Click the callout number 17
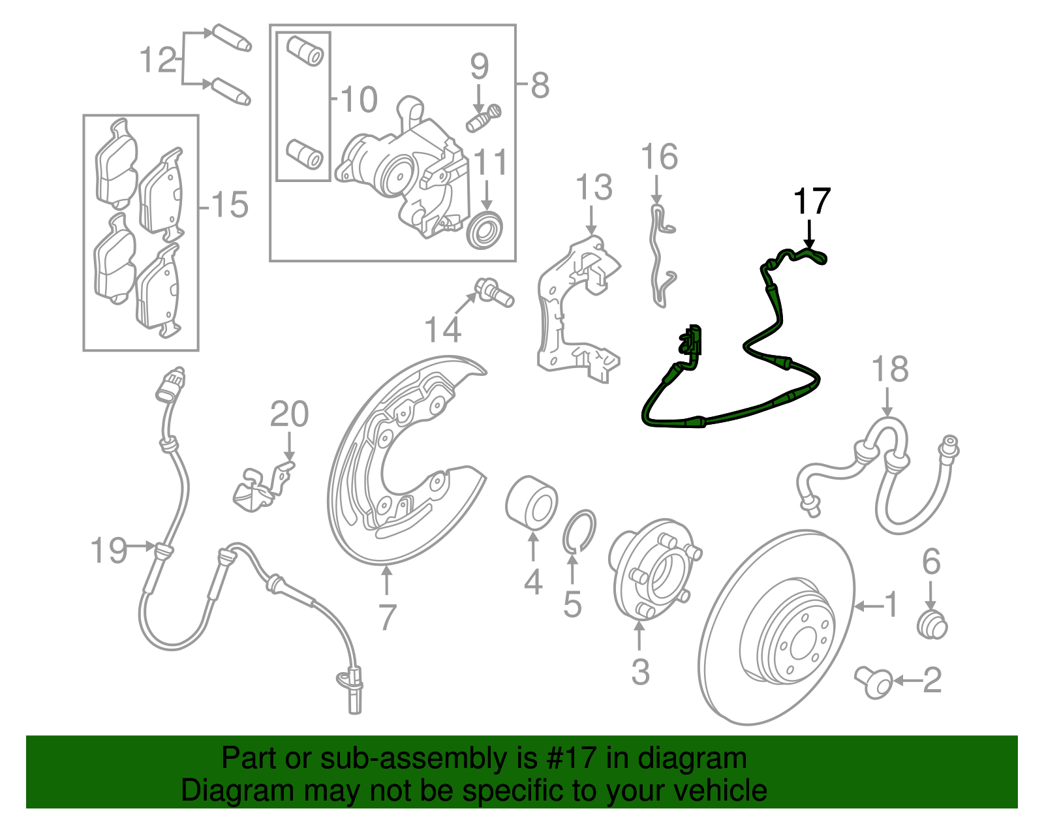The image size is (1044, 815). [812, 201]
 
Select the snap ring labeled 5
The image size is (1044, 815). [579, 531]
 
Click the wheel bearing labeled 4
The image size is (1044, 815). [531, 502]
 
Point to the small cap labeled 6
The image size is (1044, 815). [932, 624]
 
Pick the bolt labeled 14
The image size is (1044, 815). [494, 292]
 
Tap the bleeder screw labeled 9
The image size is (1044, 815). [484, 118]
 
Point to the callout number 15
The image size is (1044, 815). [230, 205]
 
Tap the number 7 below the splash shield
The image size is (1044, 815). [387, 617]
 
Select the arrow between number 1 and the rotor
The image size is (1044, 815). [870, 607]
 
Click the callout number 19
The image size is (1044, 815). [109, 550]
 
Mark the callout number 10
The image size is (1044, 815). [359, 99]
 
